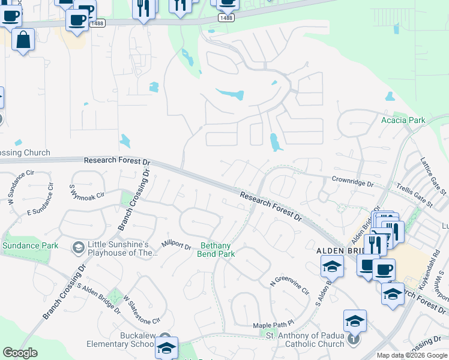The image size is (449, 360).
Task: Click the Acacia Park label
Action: point(403,120)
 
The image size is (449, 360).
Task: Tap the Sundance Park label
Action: point(30,245)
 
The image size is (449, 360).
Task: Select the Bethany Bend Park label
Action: point(216,250)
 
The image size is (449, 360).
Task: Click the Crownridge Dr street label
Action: point(353,180)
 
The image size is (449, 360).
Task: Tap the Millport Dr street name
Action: point(176,245)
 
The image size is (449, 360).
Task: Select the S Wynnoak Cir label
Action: point(87,195)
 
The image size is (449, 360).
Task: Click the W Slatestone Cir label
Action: point(142,309)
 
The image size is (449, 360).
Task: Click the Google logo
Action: point(20,353)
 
